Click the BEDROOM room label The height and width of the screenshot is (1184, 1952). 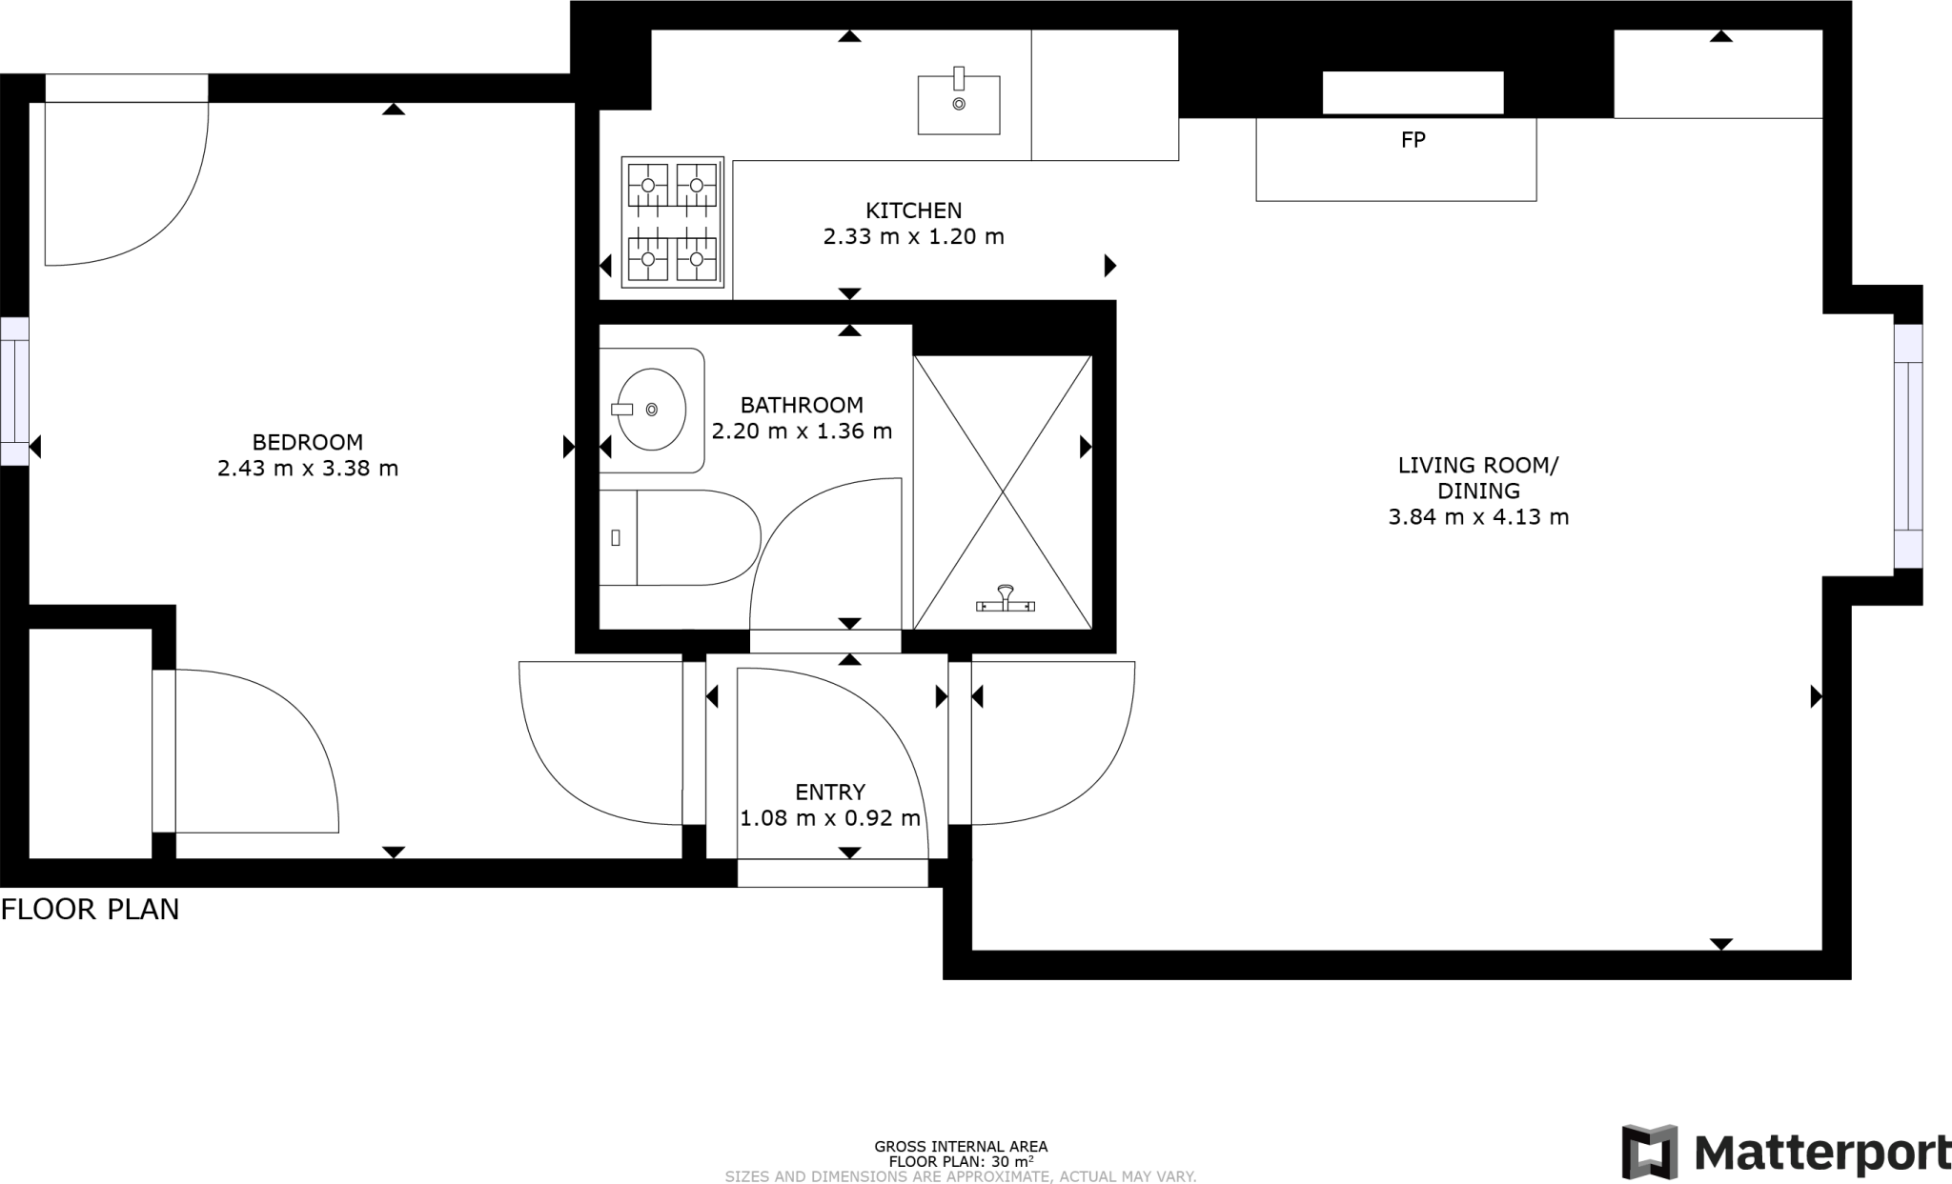308,442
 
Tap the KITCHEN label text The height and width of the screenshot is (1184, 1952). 913,211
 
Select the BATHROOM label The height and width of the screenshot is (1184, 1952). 802,405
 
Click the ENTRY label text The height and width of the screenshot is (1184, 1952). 830,793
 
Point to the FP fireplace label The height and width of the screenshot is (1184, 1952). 1413,140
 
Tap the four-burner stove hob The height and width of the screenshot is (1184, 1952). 673,222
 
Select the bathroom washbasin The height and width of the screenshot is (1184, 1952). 651,410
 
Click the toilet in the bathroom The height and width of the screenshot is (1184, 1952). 680,537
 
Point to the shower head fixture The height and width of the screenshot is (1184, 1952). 1006,599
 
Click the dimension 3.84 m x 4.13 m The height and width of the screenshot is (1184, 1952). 1478,517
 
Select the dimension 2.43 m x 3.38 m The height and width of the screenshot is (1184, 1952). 308,469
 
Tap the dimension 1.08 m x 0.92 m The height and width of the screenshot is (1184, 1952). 830,818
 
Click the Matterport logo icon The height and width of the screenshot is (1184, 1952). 1650,1152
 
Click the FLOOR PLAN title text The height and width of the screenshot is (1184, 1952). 90,910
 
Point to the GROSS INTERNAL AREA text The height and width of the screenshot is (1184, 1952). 961,1147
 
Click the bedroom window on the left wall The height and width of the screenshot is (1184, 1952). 14,391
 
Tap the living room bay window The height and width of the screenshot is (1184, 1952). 1908,446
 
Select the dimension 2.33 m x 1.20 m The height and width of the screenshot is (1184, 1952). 913,236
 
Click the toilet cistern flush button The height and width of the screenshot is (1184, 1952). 616,537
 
